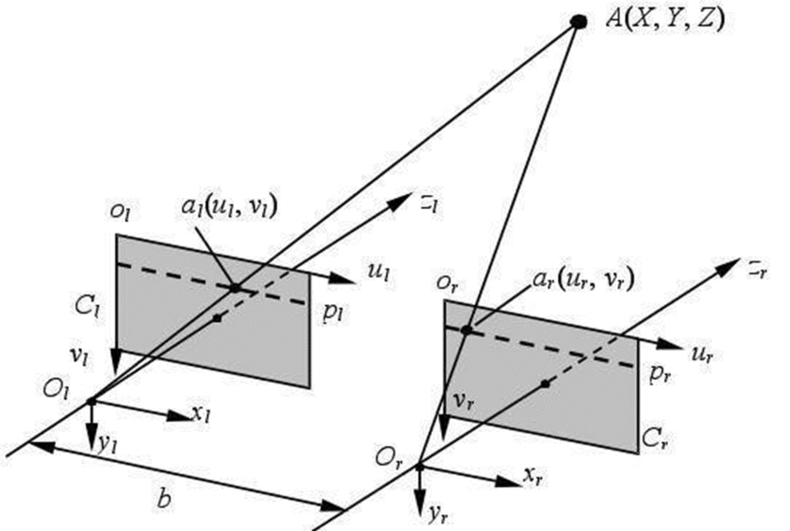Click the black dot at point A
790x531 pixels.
[x=579, y=21]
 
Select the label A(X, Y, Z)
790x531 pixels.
[x=665, y=20]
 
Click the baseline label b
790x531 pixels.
[x=163, y=499]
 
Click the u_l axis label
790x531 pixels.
[x=378, y=272]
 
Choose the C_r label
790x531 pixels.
[x=655, y=439]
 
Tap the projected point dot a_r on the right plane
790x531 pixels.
[x=467, y=330]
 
